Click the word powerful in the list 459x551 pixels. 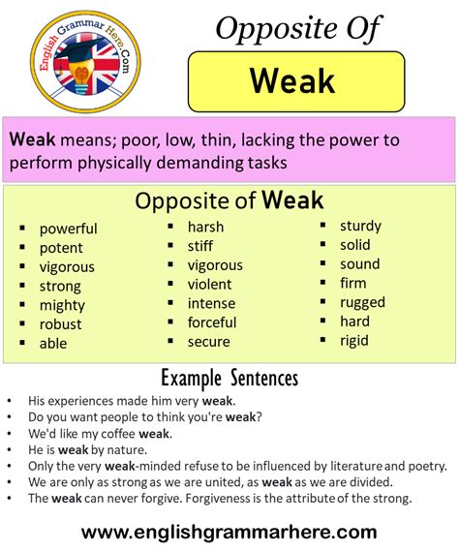(x=68, y=229)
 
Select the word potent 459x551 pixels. (x=61, y=248)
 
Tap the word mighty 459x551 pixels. (x=62, y=305)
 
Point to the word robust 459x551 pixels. (x=60, y=324)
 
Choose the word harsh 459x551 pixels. (x=206, y=227)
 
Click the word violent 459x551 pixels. (x=210, y=284)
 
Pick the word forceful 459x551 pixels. (x=212, y=322)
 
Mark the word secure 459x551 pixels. (x=209, y=341)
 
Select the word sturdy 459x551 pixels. (x=360, y=226)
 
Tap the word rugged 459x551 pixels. (x=362, y=302)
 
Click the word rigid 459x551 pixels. (x=354, y=340)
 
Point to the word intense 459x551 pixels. (x=212, y=303)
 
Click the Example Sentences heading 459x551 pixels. (x=229, y=377)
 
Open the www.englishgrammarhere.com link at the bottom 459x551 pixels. (x=229, y=532)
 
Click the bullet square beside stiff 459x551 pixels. (x=169, y=247)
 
